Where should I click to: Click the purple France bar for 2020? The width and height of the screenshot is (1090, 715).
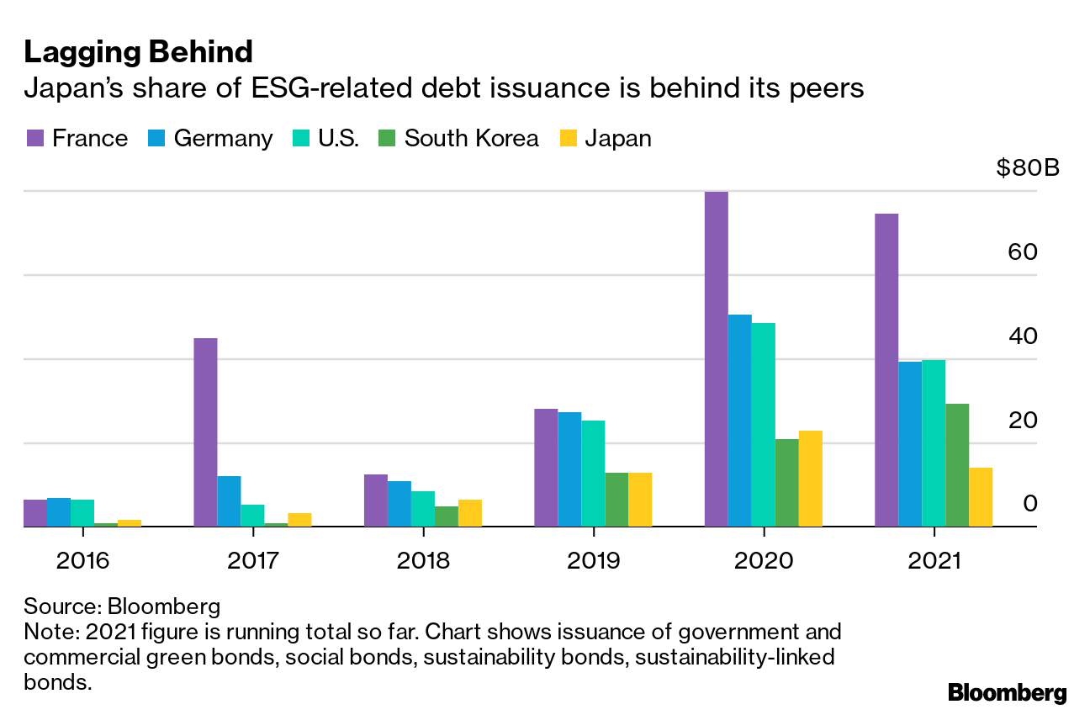pos(716,359)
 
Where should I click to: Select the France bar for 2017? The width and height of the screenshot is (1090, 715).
pos(205,432)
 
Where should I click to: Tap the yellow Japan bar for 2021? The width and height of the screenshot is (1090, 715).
pos(981,497)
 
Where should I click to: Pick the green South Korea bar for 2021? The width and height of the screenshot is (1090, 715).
pos(957,465)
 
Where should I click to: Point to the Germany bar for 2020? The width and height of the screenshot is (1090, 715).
pos(739,421)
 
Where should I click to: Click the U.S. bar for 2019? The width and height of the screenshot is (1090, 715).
pos(593,474)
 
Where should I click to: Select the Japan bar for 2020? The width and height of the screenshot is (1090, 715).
pos(810,479)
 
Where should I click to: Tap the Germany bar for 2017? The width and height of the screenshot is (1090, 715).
pos(229,501)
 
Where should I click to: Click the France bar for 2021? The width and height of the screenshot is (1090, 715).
pos(886,370)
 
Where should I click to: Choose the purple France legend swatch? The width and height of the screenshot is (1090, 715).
pos(34,138)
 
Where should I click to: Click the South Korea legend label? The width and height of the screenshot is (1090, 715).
pos(471,138)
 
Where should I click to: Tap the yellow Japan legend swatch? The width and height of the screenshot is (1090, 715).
pos(569,138)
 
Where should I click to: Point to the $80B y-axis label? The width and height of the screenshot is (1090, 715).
pos(1027,168)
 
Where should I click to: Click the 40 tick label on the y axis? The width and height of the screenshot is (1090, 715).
pos(1023,336)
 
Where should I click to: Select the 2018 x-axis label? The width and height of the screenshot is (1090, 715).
pos(422,560)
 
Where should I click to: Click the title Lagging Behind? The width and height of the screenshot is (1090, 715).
pos(139,52)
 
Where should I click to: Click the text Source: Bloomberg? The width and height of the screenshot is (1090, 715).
pos(122,606)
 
